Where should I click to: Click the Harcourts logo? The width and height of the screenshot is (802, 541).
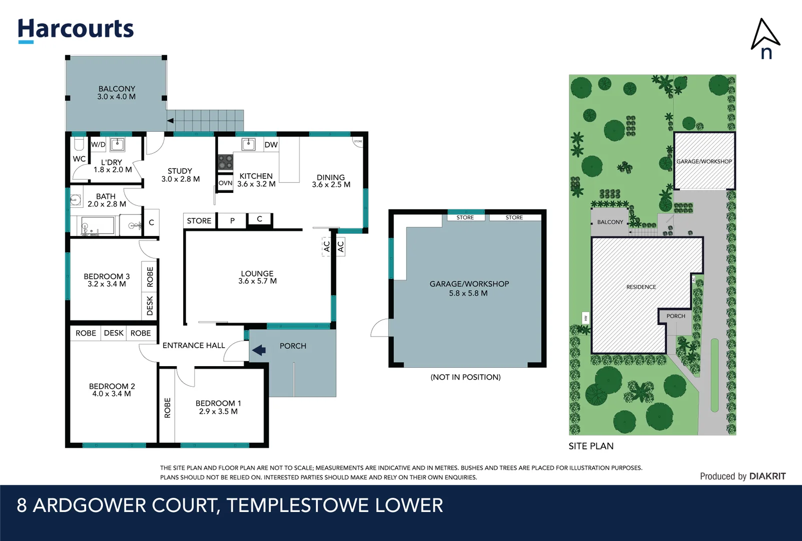[x=76, y=30]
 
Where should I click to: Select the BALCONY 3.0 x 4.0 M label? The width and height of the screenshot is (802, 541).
[x=117, y=93]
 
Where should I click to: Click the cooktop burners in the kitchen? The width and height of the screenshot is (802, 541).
[x=225, y=162]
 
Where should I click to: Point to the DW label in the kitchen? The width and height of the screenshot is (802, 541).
[x=271, y=145]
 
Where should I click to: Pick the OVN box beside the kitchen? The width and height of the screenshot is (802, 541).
[x=225, y=183]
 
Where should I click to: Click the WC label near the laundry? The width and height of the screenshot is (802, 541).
[x=79, y=159]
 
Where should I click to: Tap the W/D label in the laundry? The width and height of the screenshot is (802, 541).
[x=98, y=145]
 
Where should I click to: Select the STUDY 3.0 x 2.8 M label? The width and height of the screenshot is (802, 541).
[x=180, y=175]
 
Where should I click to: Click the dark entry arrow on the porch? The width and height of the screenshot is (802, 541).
[x=259, y=350]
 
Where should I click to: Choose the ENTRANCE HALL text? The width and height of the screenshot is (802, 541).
[x=194, y=345]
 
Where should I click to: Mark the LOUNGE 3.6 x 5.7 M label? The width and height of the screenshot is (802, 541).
[x=257, y=277]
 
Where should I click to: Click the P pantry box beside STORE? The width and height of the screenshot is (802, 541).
[x=232, y=220]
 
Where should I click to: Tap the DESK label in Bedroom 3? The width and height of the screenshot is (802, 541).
[x=150, y=306]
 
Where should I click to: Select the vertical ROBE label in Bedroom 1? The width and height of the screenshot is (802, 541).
[x=167, y=408]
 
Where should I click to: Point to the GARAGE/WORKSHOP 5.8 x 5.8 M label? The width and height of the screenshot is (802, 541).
[x=469, y=288]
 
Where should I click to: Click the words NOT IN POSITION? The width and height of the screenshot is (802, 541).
[x=465, y=377]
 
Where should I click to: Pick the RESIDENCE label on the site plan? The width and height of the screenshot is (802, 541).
[x=641, y=287]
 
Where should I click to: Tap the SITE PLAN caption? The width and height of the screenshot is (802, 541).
[x=591, y=446]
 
